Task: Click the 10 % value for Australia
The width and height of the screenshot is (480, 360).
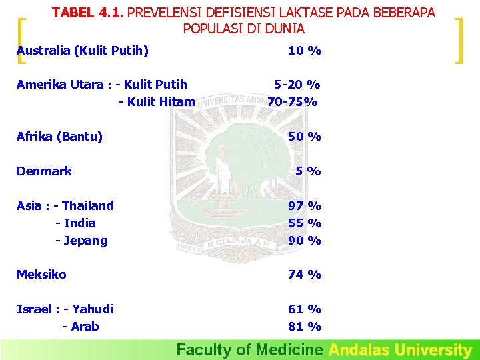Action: tap(305, 51)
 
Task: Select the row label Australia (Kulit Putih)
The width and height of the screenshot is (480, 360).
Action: tap(83, 51)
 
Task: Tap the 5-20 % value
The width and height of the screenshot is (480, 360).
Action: tap(297, 85)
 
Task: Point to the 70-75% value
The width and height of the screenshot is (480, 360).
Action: tap(293, 102)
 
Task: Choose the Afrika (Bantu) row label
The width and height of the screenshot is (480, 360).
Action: tap(59, 137)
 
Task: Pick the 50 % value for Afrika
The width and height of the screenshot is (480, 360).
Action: tap(305, 137)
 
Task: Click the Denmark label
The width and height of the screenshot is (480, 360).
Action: tap(44, 171)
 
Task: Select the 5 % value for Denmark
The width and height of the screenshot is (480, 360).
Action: tap(309, 171)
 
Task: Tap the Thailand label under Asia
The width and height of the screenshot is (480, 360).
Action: tap(87, 206)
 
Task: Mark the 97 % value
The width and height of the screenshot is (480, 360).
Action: tap(305, 206)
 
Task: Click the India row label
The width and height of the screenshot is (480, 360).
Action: tap(79, 223)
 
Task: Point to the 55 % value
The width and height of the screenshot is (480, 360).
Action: tap(305, 223)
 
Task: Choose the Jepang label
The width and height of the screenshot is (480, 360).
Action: tap(85, 241)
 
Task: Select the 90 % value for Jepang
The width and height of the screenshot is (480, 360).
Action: tap(305, 241)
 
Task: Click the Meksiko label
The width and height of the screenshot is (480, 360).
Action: tap(41, 275)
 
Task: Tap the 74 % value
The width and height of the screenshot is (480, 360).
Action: tap(305, 275)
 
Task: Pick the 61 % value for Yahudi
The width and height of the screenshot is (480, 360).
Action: tap(305, 309)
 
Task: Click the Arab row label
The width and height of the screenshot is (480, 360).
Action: tap(84, 327)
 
